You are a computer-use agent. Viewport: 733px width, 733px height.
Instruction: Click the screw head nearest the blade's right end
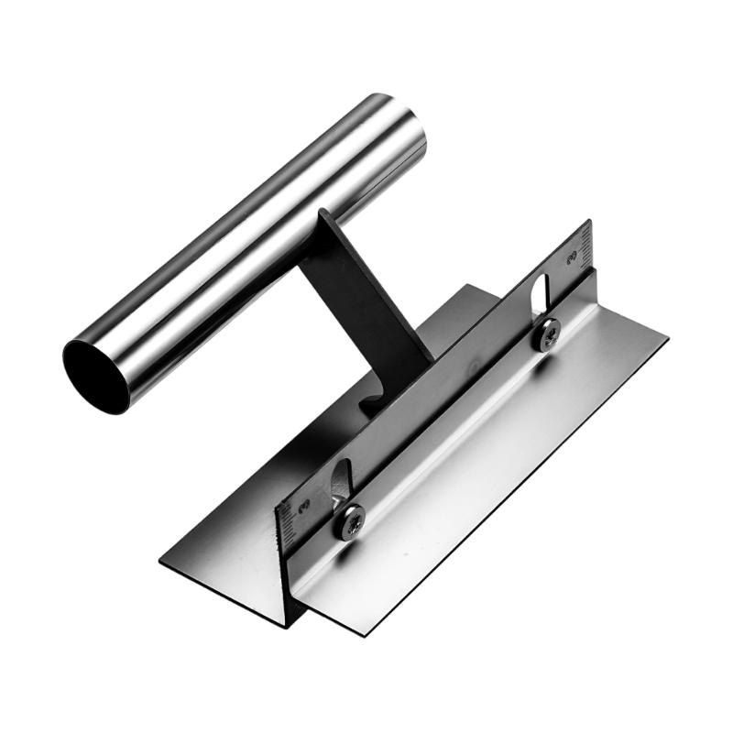tap(548, 335)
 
